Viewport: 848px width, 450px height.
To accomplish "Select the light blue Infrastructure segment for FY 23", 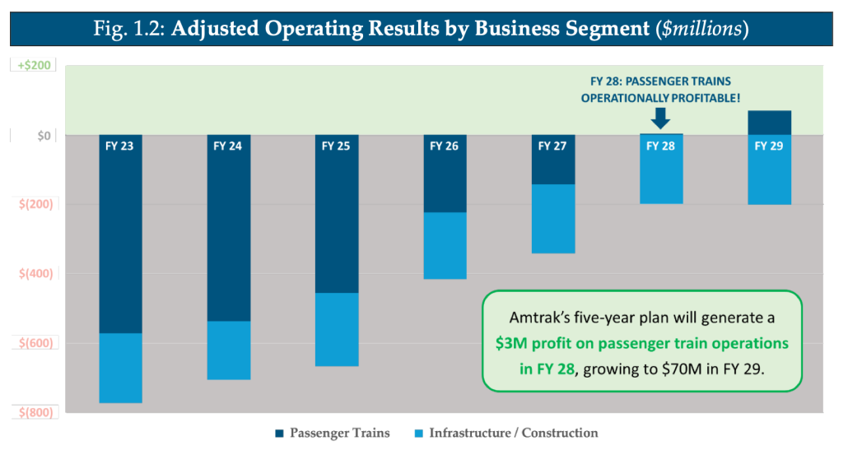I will coord(120,368).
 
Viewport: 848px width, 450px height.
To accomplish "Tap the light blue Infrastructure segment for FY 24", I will coord(228,350).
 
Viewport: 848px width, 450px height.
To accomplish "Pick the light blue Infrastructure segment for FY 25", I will coord(337,329).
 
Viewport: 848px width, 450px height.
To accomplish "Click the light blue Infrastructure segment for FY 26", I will coord(445,245).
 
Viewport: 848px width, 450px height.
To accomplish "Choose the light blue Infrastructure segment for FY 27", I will coord(553,218).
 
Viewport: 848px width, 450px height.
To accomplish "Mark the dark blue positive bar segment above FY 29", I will coord(770,123).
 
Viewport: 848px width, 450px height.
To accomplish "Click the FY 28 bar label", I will coord(660,146).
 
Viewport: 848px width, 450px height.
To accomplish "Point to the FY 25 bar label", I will coord(337,146).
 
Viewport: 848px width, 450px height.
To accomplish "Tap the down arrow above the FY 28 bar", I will coord(660,118).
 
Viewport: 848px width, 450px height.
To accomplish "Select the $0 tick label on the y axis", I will coord(43,135).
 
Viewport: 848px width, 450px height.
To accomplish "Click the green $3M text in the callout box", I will coord(513,342).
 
